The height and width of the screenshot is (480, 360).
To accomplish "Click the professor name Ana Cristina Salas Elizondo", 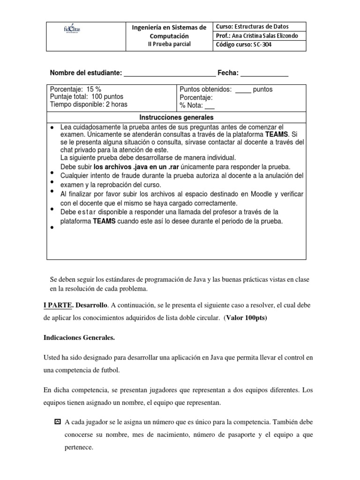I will (264, 36).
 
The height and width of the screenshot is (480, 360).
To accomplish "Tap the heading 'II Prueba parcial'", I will (169, 44).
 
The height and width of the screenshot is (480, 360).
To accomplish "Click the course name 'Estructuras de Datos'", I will (265, 27).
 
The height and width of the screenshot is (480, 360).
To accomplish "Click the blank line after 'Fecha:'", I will (264, 74).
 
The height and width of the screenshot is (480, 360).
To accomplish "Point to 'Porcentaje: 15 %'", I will (75, 90).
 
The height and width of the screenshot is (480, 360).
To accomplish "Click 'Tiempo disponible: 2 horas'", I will (89, 105).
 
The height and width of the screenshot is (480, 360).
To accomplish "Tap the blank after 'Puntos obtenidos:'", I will (243, 90).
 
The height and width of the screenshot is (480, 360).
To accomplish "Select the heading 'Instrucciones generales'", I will (176, 117).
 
